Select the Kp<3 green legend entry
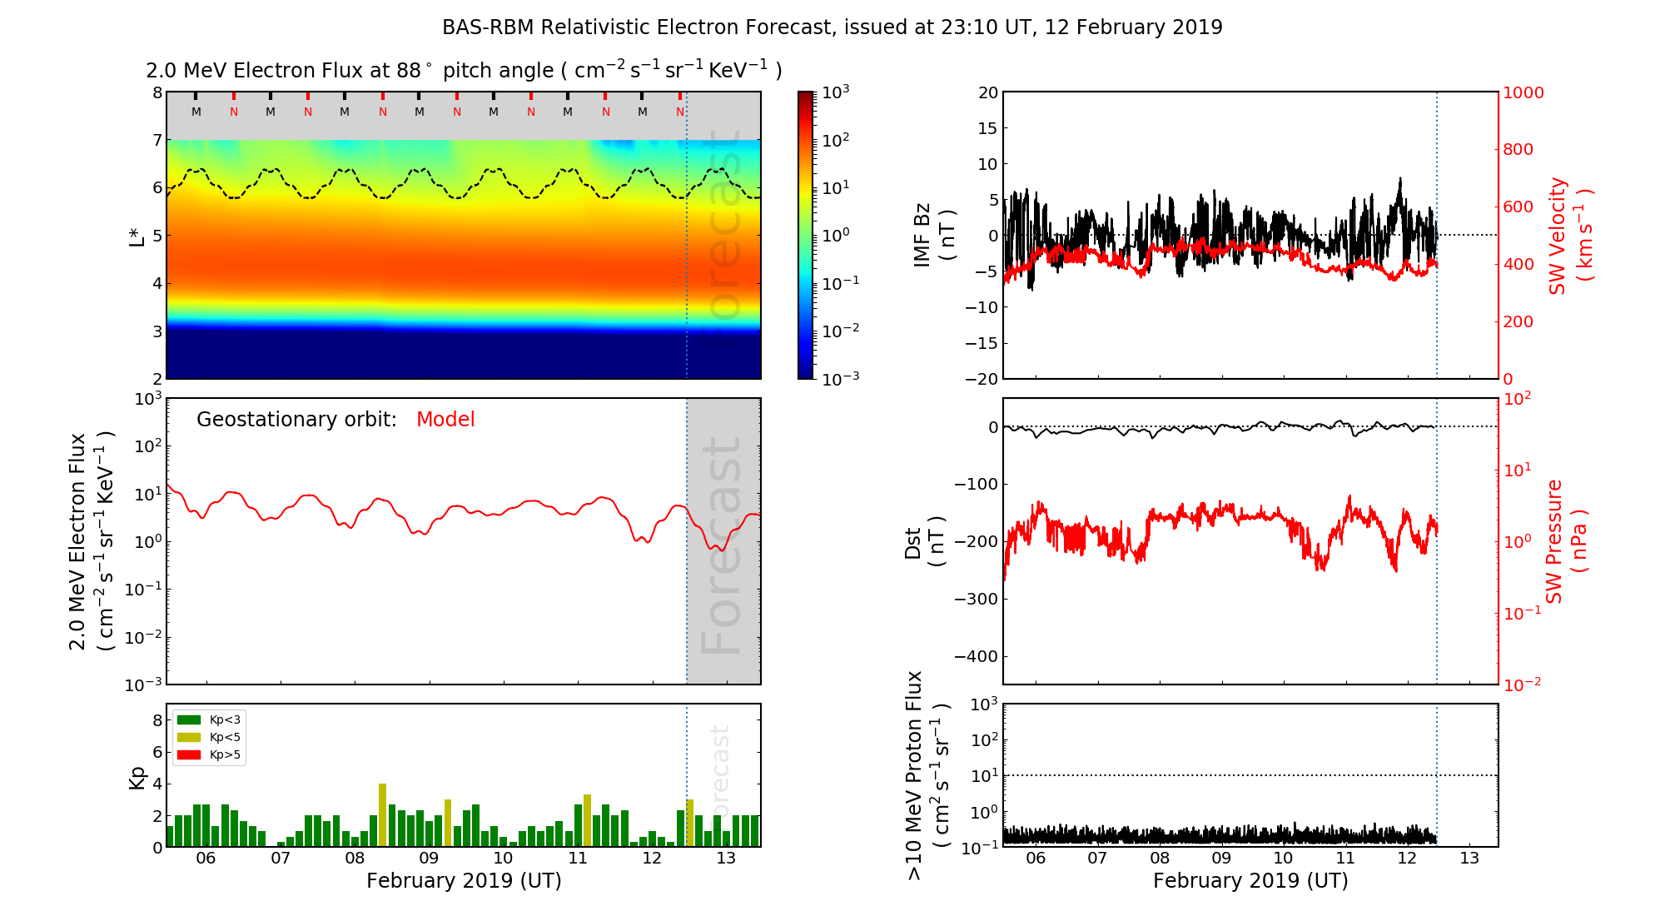point(209,719)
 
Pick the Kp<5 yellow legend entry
point(209,737)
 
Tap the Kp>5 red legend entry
point(209,755)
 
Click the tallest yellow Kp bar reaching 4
point(383,814)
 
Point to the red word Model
point(445,420)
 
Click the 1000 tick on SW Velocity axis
point(1523,92)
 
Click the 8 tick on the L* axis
point(157,92)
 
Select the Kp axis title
point(137,777)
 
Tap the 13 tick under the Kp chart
point(726,859)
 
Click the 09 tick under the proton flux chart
point(1221,859)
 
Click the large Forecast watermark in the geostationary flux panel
point(723,545)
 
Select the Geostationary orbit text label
point(296,420)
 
